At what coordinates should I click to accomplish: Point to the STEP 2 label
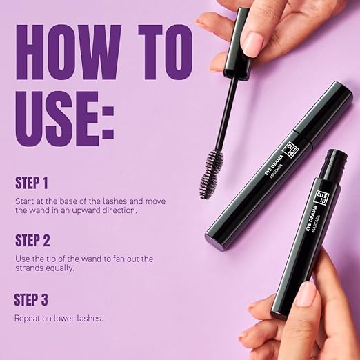(41, 241)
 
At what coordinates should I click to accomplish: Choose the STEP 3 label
(41, 300)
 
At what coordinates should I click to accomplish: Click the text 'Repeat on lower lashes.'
(60, 319)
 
